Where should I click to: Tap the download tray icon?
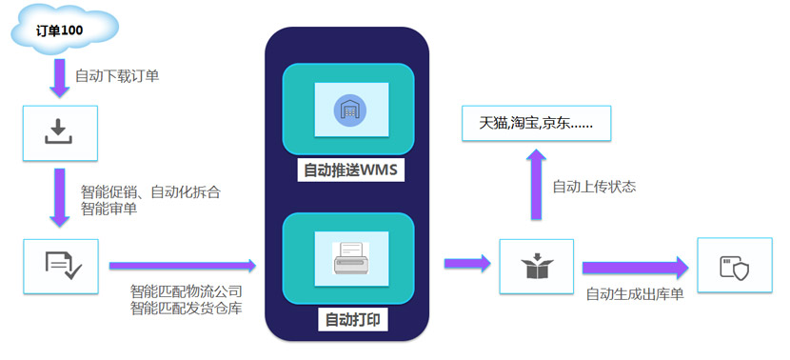(x=58, y=131)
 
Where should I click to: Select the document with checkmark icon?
(x=64, y=265)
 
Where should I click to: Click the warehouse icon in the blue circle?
(x=350, y=109)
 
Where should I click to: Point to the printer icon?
(x=350, y=258)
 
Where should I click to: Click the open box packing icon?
(x=537, y=265)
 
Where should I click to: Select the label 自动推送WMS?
(x=350, y=170)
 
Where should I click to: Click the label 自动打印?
(x=353, y=320)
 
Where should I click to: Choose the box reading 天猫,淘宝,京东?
(x=536, y=123)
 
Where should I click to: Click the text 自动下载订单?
(x=117, y=76)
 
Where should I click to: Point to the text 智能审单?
(x=109, y=209)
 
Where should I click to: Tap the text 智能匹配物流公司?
(x=187, y=290)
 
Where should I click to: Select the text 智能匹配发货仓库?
(x=187, y=308)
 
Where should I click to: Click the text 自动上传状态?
(x=595, y=187)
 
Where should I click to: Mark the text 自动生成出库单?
(x=635, y=294)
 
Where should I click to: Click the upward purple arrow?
(x=536, y=185)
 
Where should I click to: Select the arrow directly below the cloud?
(x=59, y=78)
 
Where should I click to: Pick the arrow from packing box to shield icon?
(x=635, y=268)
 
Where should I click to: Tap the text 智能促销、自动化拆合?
(x=150, y=192)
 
